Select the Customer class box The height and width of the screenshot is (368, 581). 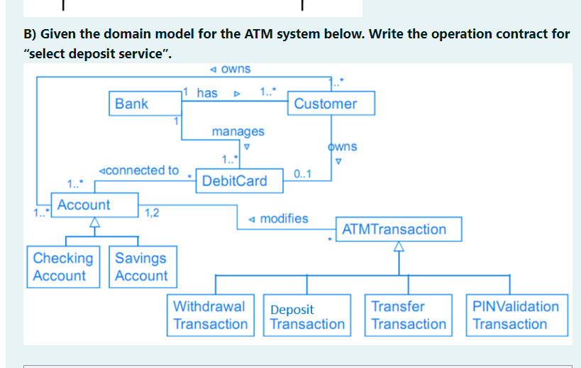tap(326, 104)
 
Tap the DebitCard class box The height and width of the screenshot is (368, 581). tap(235, 181)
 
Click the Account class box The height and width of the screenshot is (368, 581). tap(84, 205)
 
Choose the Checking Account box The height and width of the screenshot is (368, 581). tap(62, 267)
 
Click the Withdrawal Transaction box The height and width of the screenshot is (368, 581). tap(211, 315)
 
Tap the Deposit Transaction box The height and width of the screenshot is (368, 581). tap(307, 316)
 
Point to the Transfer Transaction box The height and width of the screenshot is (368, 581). tap(409, 315)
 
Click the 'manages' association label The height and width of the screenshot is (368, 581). tap(238, 131)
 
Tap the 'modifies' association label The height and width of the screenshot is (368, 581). tap(283, 219)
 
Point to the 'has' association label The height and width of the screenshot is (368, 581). tap(207, 93)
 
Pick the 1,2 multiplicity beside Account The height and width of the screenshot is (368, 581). tap(151, 212)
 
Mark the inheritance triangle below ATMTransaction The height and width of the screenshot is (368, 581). tap(399, 247)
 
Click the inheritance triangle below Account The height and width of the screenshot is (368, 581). tap(93, 222)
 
